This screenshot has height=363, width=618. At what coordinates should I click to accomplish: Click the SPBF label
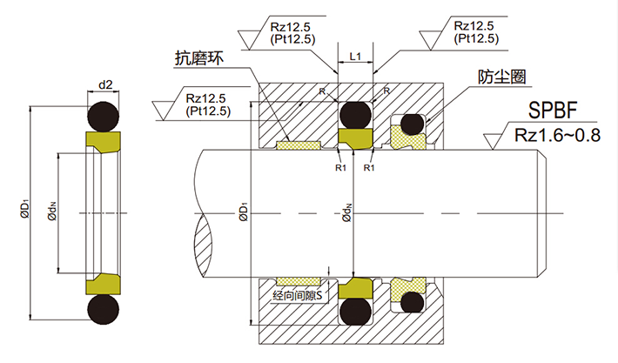point(551,111)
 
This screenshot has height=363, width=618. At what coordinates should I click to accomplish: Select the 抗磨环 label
point(199,58)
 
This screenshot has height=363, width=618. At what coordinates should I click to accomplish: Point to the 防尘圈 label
point(502,77)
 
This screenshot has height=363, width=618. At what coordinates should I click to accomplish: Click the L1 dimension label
point(355,56)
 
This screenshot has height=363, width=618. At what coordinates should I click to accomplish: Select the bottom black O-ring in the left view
point(105,310)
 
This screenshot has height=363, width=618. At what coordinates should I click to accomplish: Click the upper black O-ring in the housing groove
point(355,114)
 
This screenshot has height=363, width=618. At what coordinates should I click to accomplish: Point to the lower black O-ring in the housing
point(355,311)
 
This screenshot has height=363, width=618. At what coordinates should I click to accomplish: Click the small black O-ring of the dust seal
point(412,125)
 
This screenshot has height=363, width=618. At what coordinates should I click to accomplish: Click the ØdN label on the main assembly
point(347,212)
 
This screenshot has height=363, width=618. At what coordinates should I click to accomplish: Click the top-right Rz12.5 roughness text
point(476,24)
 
